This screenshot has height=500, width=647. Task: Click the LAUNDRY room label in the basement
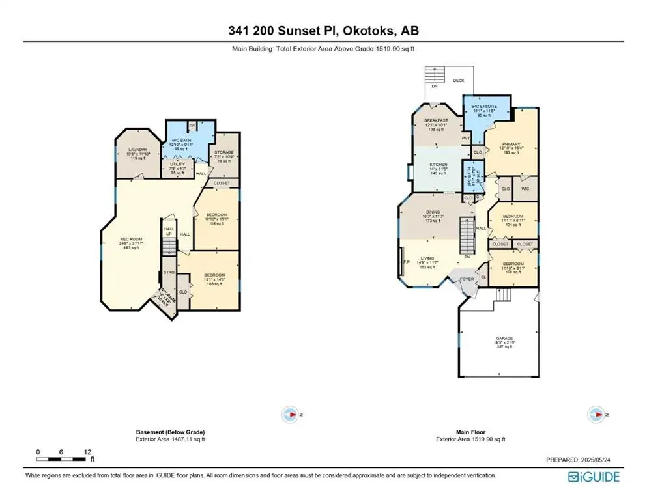click(137, 154)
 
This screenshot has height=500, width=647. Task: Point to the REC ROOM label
click(130, 243)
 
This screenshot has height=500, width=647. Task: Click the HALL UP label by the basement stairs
click(169, 231)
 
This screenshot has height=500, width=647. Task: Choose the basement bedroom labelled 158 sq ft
click(216, 219)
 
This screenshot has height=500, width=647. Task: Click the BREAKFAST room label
click(436, 124)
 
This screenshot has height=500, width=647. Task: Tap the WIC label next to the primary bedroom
click(526, 189)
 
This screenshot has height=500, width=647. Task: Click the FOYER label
click(467, 279)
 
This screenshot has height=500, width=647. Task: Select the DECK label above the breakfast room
click(459, 81)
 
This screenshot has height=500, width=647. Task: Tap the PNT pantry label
click(466, 138)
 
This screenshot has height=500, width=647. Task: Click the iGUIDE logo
click(594, 477)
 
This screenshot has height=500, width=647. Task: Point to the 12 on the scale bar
click(87, 451)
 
